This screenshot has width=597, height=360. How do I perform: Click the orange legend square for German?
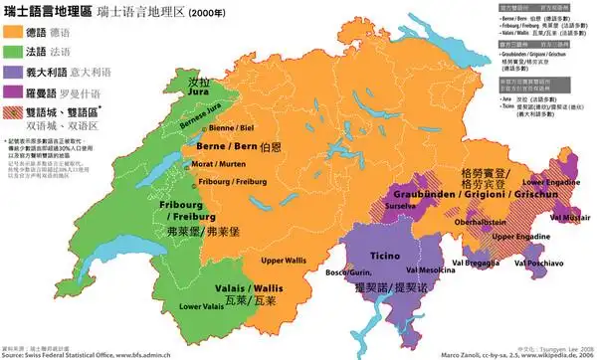(x=16, y=32)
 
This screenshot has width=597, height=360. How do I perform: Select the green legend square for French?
(x=16, y=52)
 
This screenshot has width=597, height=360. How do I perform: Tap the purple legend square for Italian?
(x=16, y=72)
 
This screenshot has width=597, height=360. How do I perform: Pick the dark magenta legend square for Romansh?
(x=16, y=90)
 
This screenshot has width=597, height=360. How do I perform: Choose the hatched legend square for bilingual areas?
(x=16, y=111)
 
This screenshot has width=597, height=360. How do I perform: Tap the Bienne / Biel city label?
(x=236, y=129)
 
